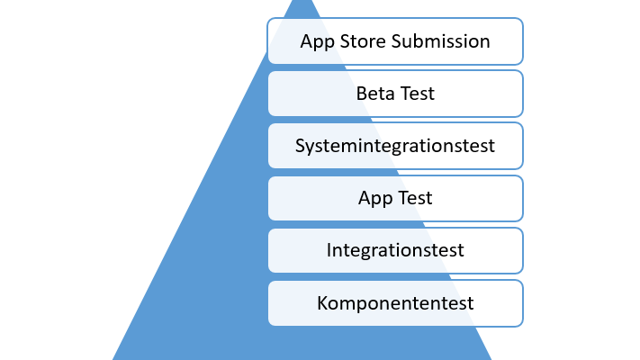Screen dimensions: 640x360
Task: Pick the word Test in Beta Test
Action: pyautogui.click(x=415, y=94)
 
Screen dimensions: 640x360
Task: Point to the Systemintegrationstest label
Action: pyautogui.click(x=395, y=147)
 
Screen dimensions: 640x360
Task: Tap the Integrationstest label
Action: pyautogui.click(x=395, y=251)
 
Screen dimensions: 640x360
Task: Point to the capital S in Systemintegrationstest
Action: pyautogui.click(x=300, y=146)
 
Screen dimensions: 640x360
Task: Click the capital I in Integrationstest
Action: pyautogui.click(x=329, y=250)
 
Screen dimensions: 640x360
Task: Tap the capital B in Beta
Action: pyautogui.click(x=361, y=94)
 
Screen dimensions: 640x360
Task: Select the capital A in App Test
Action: pyautogui.click(x=365, y=198)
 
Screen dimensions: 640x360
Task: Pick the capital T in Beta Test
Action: pyautogui.click(x=401, y=94)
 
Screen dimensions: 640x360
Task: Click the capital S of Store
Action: pyautogui.click(x=345, y=41)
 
